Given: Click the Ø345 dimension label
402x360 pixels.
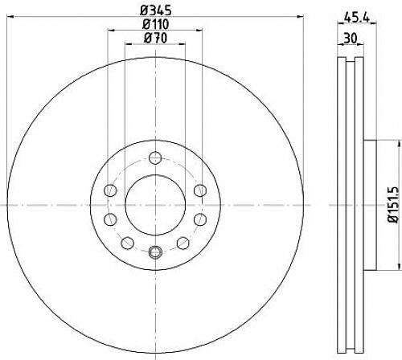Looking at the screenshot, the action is (156, 10).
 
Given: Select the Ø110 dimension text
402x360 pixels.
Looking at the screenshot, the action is (156, 25).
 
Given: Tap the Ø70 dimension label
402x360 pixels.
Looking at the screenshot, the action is (155, 38).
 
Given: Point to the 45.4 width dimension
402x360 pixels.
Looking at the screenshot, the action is (357, 18).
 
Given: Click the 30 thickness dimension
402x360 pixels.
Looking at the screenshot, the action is (351, 39).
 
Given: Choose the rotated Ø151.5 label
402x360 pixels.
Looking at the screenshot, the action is (394, 205).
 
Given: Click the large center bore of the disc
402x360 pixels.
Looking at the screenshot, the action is (155, 205).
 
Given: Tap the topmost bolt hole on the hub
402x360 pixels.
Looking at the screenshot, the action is (155, 157).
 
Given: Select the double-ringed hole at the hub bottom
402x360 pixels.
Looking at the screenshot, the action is (155, 252).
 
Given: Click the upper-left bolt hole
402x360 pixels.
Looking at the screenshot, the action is (110, 190).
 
